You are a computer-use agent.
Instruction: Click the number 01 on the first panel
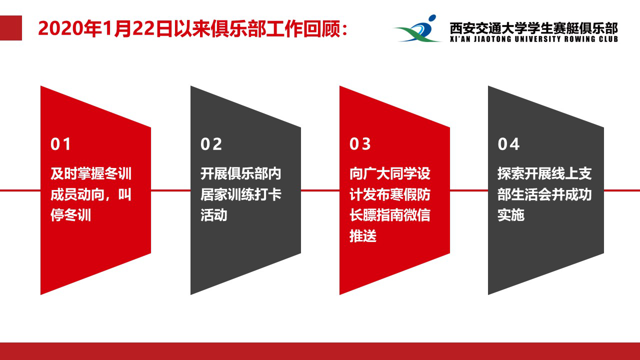point(60,144)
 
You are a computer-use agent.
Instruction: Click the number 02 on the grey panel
point(211,144)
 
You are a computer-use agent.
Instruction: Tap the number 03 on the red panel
point(360,144)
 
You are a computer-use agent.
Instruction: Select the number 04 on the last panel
point(508,144)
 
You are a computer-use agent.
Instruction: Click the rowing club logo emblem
point(417,28)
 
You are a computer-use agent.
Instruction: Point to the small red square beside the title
point(11,28)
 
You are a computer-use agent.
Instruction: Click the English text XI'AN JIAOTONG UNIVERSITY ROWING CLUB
point(533,39)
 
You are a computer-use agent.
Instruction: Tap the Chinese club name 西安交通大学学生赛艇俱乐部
point(533,28)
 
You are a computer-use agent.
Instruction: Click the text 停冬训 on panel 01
point(70,215)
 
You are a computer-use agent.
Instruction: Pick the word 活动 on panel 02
point(213,215)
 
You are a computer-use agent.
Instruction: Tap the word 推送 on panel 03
point(363,236)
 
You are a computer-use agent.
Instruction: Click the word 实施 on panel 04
point(511,215)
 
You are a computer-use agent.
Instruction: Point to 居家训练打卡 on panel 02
point(241,194)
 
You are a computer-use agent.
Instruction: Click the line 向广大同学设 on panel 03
point(389,173)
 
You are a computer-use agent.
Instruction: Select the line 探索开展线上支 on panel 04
point(544,173)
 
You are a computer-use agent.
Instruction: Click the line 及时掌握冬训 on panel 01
point(91,173)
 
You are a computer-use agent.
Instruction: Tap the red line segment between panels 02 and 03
point(320,190)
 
